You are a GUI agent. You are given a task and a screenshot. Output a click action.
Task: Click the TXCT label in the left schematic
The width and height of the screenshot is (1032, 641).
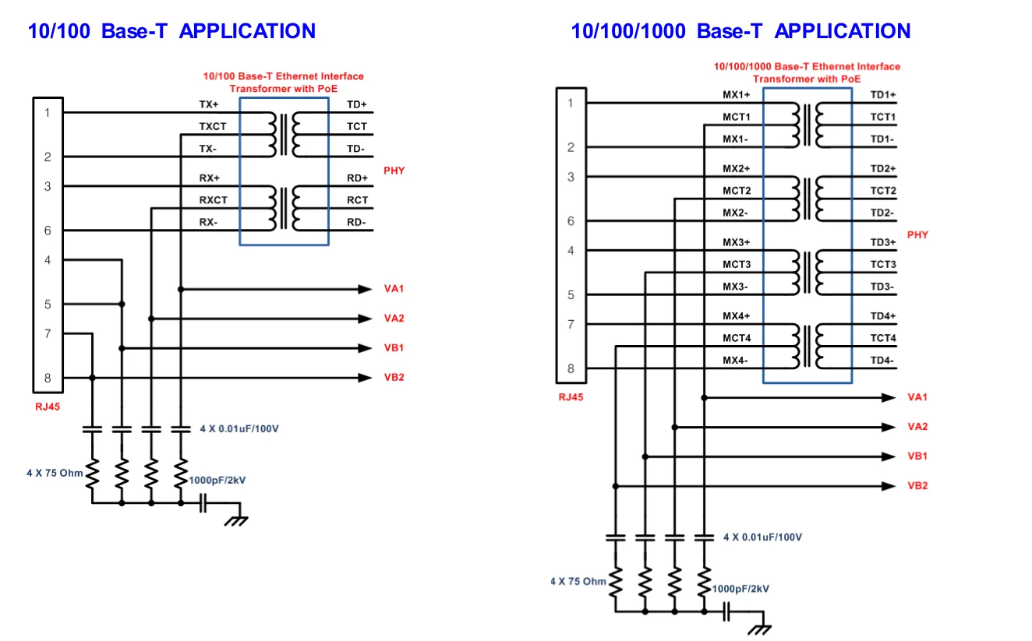pos(213,126)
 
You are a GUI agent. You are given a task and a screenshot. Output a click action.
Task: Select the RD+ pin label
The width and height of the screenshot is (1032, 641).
pos(357,178)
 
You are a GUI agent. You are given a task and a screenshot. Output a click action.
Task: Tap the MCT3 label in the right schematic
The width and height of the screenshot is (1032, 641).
pos(736,265)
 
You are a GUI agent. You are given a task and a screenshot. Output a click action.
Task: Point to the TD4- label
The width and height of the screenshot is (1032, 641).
pos(882,361)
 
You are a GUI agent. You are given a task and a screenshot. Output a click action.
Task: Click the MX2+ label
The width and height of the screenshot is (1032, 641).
pos(736,169)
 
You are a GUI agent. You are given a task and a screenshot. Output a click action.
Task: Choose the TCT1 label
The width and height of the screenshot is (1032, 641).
pos(883,118)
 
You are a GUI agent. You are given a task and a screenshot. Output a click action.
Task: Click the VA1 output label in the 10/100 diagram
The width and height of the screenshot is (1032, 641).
pos(394,289)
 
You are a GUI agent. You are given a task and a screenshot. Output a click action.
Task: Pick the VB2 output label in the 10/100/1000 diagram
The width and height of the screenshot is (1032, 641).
pos(917,486)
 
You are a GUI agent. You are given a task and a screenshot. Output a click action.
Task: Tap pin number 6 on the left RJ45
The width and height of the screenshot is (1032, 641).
pos(48,231)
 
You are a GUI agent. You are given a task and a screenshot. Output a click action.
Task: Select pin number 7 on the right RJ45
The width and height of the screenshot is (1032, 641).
pos(571,324)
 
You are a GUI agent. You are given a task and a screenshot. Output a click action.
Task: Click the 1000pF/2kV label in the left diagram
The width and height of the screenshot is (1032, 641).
pos(217,481)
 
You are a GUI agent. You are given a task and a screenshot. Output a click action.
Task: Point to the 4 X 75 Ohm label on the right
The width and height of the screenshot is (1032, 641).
pos(578,581)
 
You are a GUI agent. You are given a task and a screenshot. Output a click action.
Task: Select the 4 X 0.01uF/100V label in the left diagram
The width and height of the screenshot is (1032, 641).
pos(239,428)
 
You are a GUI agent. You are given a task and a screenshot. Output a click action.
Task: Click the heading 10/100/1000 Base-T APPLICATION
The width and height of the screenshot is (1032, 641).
pos(740,31)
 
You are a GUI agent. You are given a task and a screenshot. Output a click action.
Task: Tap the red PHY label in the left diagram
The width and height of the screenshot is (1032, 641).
pos(394,171)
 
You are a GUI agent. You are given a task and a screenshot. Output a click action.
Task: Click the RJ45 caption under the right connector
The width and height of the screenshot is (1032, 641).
pos(571,397)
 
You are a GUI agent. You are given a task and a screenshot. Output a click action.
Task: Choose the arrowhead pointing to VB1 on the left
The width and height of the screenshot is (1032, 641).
pos(365,348)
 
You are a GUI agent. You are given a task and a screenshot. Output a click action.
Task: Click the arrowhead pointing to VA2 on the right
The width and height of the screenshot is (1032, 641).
pos(889,427)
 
